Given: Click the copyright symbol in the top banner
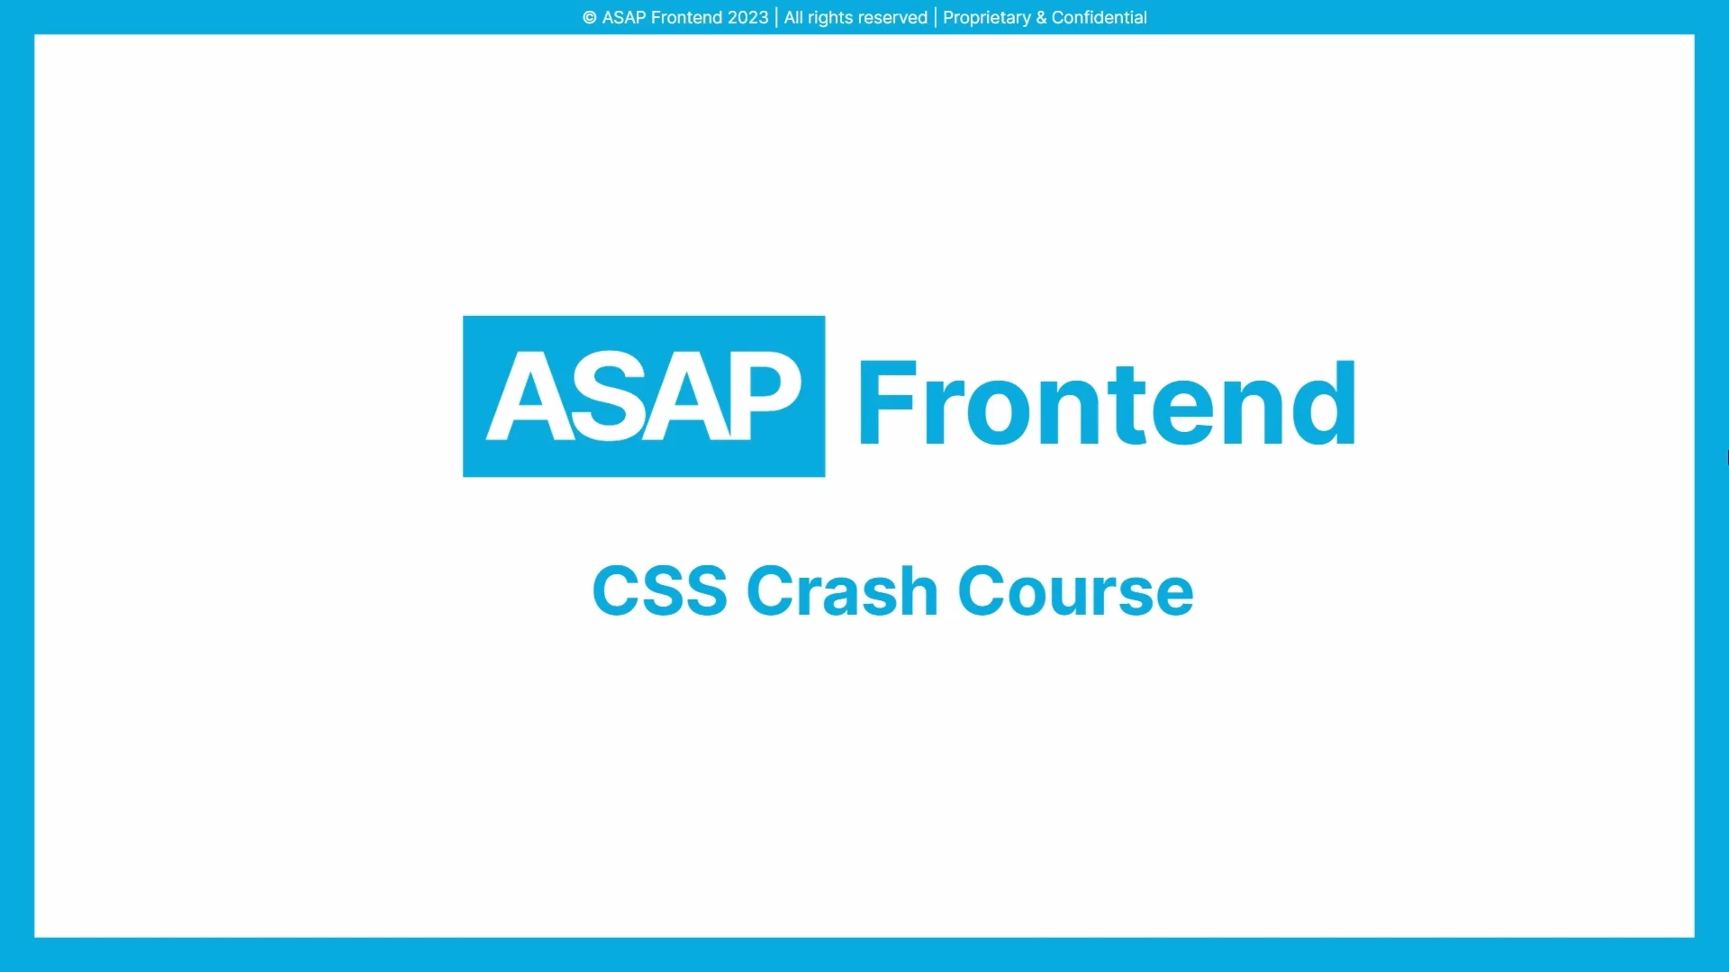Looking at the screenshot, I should coord(590,18).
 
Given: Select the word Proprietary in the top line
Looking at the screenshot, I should coord(986,18).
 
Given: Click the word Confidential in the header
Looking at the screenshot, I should coord(1099,18).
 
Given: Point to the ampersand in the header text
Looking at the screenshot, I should coord(1041,18).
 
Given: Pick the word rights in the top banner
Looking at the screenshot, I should coord(827,18).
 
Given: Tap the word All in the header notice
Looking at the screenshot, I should coord(793,18).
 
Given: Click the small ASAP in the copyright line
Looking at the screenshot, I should coord(623,18).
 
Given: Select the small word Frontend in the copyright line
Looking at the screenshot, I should coord(686,18).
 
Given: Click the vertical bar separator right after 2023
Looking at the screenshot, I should coord(776,18).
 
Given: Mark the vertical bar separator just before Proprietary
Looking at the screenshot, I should coord(936,18).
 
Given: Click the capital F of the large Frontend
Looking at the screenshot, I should coord(887,402).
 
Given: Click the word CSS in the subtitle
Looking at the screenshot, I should coord(659,591).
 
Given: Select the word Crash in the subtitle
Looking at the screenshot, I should coord(842,591).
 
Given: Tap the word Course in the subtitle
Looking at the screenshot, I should coord(1075,591).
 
